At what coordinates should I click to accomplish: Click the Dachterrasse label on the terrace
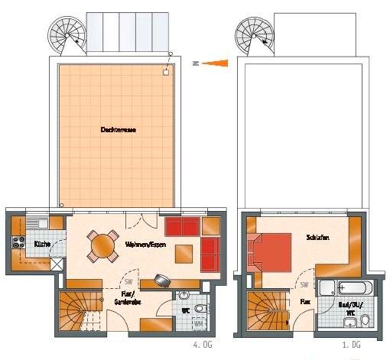[x=118, y=131]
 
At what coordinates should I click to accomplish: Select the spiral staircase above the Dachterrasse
[x=67, y=36]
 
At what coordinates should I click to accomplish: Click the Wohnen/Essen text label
[x=141, y=245]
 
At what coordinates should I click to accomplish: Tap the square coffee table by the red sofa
[x=184, y=252]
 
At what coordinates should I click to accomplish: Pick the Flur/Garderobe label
[x=126, y=297]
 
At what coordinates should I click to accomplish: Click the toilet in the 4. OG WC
[x=200, y=309]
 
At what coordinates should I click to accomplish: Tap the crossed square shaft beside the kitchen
[x=57, y=264]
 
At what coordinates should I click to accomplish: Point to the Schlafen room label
[x=318, y=238]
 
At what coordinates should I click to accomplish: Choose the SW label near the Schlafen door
[x=304, y=285]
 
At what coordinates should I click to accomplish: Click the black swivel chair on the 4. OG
[x=161, y=279]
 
